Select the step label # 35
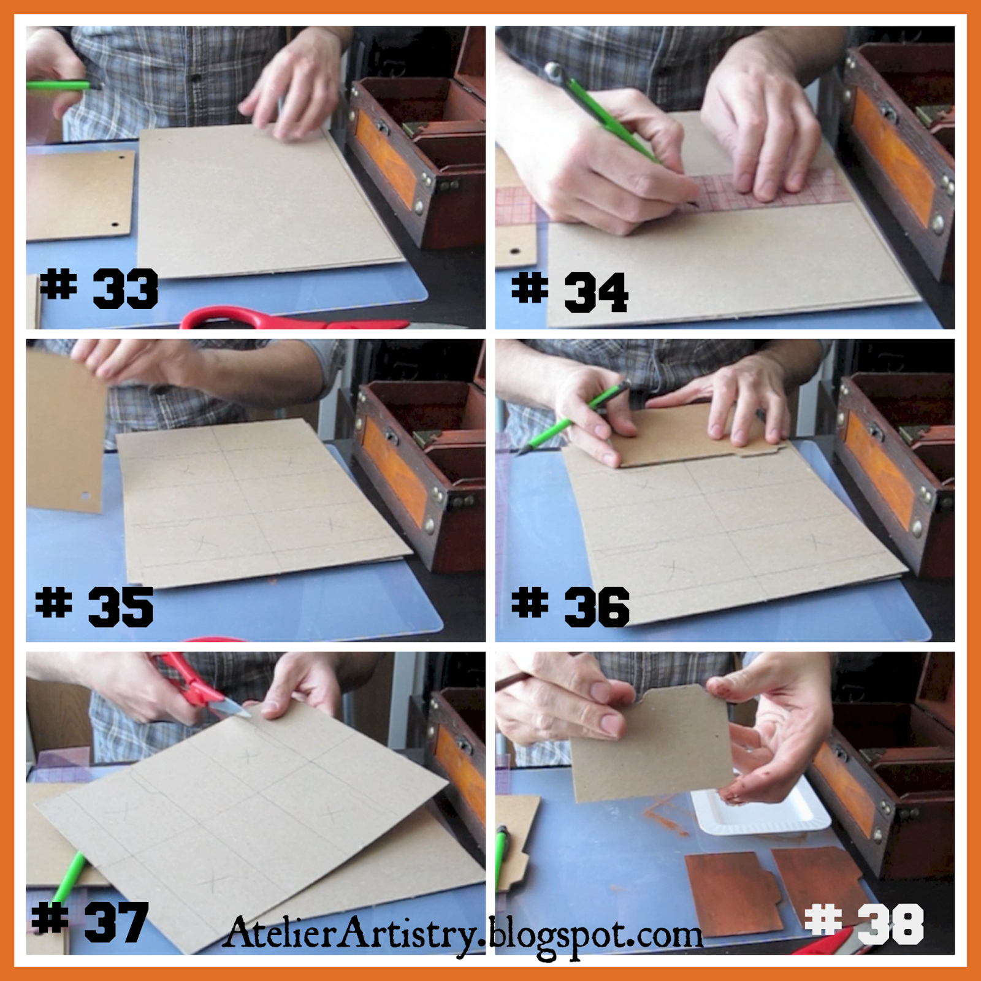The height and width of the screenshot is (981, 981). click(x=95, y=606)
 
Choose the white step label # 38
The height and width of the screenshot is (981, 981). click(x=865, y=923)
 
